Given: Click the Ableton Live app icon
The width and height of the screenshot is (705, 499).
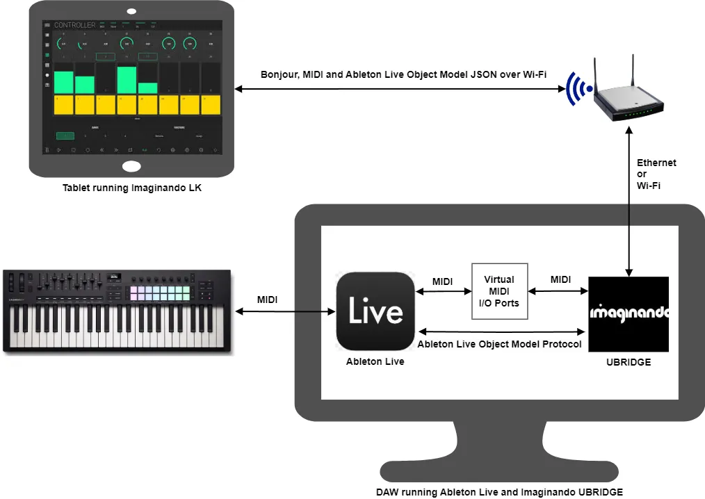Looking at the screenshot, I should click(x=375, y=311).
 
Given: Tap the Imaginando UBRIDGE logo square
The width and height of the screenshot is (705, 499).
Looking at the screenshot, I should click(x=629, y=314).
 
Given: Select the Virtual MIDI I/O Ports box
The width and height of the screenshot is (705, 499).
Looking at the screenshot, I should click(x=500, y=291).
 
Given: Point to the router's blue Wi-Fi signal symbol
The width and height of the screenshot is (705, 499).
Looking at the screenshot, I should click(x=576, y=89).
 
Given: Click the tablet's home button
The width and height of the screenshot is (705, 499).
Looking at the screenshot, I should click(x=131, y=167).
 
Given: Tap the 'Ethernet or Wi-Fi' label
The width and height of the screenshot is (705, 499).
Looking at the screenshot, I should click(x=656, y=174).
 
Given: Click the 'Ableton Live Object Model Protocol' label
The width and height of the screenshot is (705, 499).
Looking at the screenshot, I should click(x=499, y=344).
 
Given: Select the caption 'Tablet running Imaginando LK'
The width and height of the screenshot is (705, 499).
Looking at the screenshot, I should click(x=131, y=188).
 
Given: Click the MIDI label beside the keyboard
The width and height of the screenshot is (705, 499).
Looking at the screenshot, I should click(x=268, y=300).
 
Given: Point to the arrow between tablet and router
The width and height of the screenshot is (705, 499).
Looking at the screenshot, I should click(x=399, y=89).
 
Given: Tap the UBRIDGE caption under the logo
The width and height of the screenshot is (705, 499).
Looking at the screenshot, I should click(x=628, y=362).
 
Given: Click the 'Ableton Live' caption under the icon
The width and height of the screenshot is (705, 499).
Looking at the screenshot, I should click(x=375, y=361).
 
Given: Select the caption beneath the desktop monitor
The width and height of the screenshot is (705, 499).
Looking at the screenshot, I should click(x=499, y=492).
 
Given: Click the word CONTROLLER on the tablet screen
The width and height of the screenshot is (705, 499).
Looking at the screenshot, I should click(x=75, y=25).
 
